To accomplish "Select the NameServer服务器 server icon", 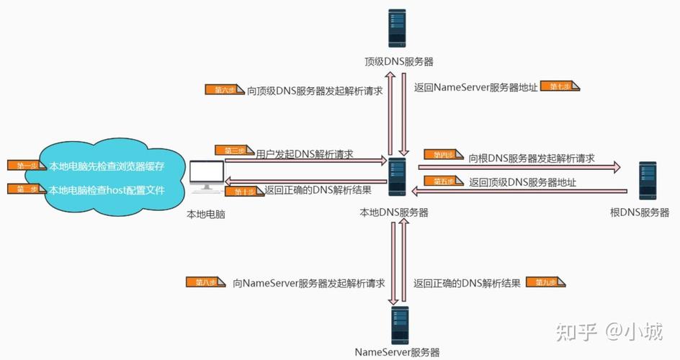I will (398, 325).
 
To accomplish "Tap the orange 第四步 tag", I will (442, 154).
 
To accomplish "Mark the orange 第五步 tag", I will (442, 181).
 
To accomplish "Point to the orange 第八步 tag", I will (202, 282).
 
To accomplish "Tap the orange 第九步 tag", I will (545, 282).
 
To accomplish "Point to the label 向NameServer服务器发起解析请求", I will (308, 283).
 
